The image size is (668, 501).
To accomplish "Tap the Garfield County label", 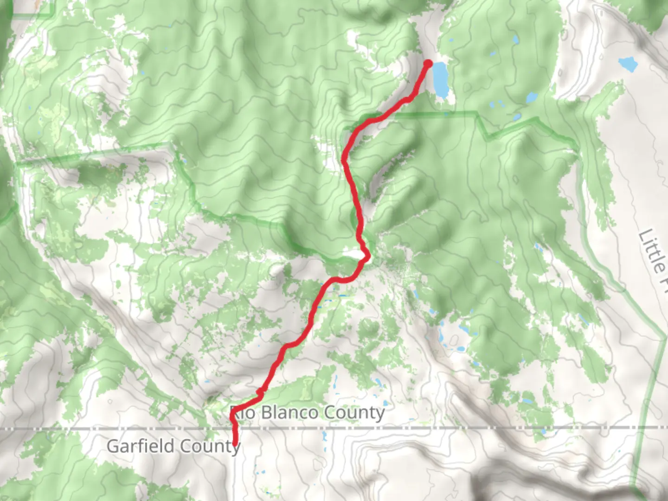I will coord(173,446).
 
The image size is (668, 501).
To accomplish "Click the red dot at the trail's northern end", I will coord(428,63).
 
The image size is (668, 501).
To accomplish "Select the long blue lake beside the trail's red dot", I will coord(440,82).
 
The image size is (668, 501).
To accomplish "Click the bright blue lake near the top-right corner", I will coord(628,64).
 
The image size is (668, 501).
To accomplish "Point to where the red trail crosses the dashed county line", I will coord(235,428).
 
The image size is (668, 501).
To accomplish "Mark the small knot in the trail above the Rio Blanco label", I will coord(260,393).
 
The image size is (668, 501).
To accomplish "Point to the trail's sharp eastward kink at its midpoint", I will coord(367,255).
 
